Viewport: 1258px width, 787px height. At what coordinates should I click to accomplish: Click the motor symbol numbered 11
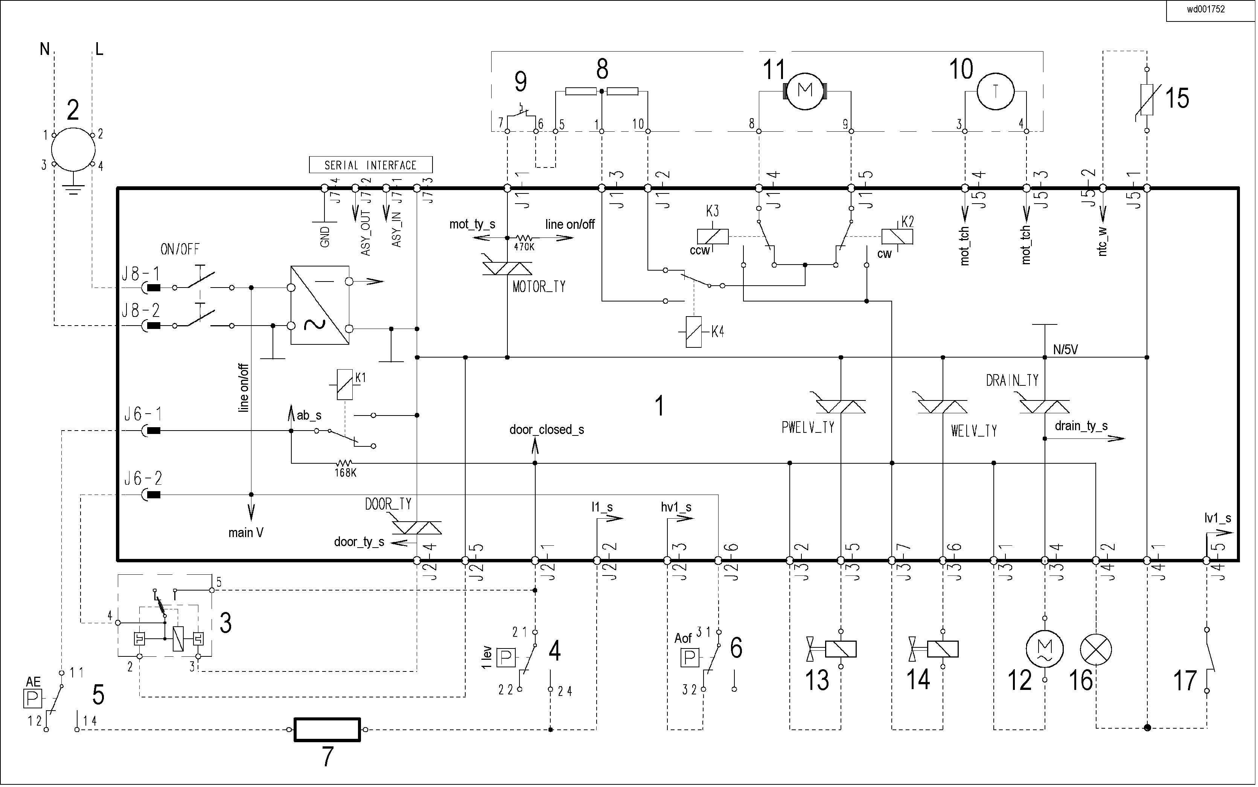(x=805, y=91)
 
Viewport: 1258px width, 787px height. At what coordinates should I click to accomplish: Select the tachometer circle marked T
(x=995, y=91)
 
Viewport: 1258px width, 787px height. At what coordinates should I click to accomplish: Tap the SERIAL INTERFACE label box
(x=370, y=165)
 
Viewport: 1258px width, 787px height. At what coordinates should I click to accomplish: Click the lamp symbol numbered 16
(x=1096, y=650)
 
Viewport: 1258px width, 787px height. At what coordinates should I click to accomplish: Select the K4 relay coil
(x=693, y=332)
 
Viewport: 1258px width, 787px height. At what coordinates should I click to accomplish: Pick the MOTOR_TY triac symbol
(x=507, y=268)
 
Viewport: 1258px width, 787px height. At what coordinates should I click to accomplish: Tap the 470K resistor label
(x=524, y=247)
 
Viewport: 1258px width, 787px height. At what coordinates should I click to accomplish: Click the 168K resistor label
(x=345, y=473)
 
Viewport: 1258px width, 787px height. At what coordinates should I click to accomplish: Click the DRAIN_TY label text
(x=1012, y=381)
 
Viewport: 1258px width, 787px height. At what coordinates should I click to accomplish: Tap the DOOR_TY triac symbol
(x=416, y=527)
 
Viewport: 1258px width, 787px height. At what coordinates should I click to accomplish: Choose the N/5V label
(x=1065, y=350)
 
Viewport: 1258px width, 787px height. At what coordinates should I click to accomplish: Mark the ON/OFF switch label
(x=180, y=249)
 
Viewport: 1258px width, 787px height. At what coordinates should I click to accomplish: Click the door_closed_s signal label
(x=547, y=430)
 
